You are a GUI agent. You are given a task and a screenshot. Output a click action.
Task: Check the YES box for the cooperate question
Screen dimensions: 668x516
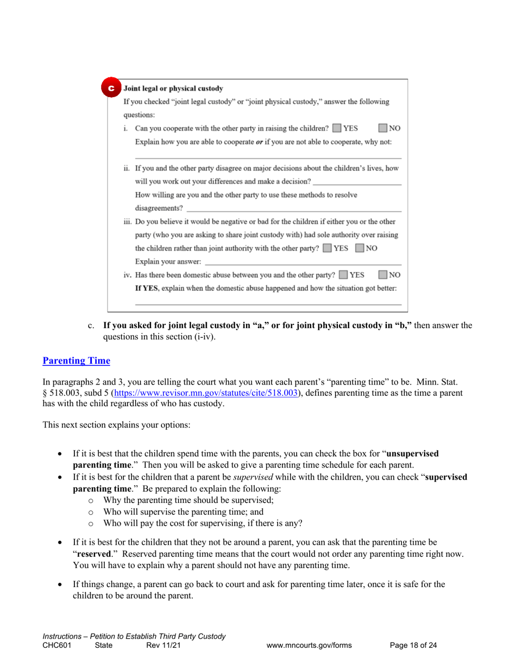pos(337,129)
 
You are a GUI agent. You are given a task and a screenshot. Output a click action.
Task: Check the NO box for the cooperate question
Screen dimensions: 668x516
pos(383,129)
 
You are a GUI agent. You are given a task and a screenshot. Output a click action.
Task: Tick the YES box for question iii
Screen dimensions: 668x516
pos(327,249)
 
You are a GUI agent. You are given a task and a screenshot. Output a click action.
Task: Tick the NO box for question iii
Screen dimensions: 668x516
pos(360,249)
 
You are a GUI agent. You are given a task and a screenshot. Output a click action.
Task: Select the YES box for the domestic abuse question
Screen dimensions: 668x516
pos(343,275)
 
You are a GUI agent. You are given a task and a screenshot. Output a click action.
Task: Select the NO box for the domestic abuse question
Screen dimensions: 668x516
pos(383,275)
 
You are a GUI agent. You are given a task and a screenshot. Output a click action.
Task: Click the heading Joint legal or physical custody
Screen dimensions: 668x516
pos(173,89)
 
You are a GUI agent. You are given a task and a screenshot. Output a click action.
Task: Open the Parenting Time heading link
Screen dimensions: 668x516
pos(76,361)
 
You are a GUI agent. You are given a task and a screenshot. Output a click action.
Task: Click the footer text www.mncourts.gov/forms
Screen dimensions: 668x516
pos(309,646)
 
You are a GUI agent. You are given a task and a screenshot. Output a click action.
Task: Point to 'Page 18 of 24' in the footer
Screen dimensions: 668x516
pos(413,646)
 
